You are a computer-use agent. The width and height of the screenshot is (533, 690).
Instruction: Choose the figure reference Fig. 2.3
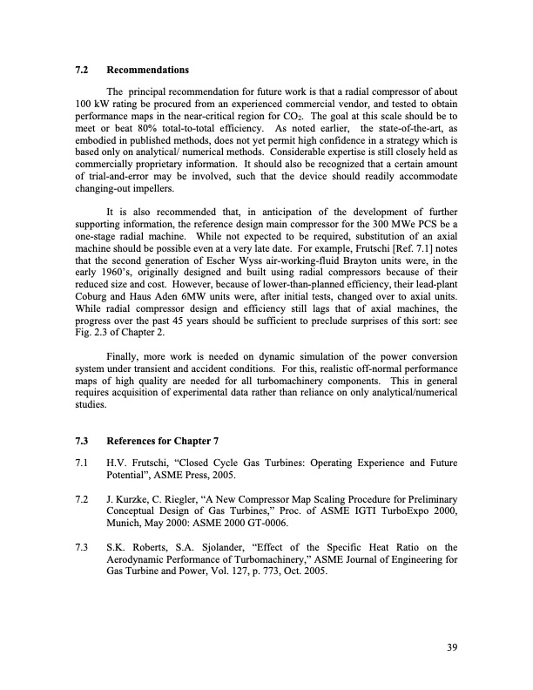(x=92, y=329)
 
